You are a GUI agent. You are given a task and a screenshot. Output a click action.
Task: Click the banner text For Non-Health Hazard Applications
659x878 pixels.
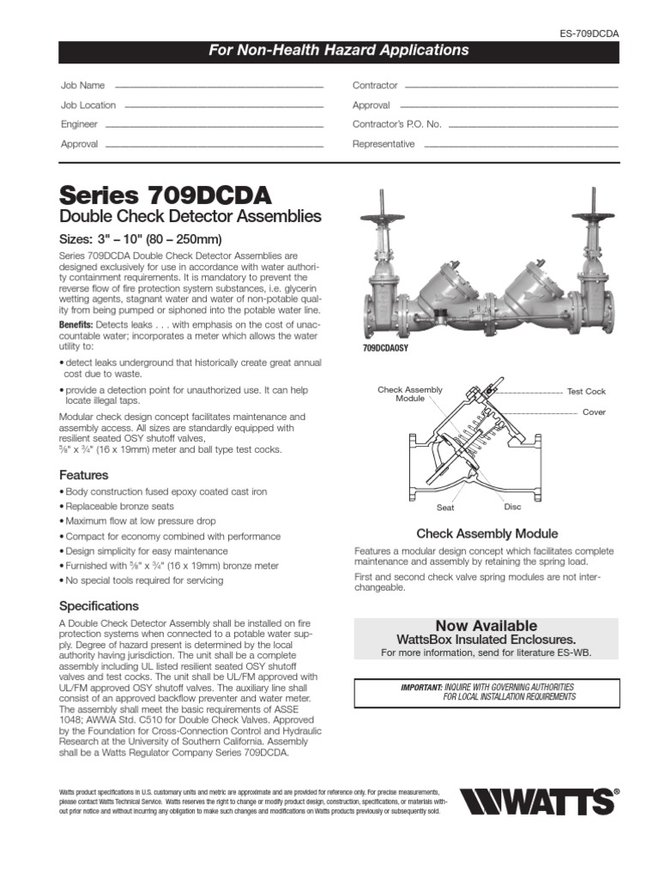pyautogui.click(x=339, y=51)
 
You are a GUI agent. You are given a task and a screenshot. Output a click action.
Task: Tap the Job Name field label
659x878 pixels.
pyautogui.click(x=82, y=86)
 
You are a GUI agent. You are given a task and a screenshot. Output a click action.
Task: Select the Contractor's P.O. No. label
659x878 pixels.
pyautogui.click(x=396, y=124)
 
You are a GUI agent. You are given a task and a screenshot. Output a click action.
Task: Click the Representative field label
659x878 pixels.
pyautogui.click(x=384, y=144)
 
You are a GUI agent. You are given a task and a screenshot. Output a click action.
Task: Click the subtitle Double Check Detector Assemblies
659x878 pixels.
pyautogui.click(x=190, y=216)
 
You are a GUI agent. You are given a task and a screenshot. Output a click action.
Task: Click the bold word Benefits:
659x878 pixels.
pyautogui.click(x=82, y=325)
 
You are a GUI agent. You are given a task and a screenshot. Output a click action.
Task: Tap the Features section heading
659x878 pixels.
pyautogui.click(x=83, y=475)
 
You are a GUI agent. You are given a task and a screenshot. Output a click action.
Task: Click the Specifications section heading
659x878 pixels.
pyautogui.click(x=98, y=605)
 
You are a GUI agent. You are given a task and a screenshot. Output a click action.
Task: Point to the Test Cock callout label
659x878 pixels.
pyautogui.click(x=586, y=391)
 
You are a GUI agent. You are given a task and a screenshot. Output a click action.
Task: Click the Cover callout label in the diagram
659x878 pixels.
pyautogui.click(x=594, y=412)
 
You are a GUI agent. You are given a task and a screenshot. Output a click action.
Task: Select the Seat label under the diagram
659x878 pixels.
pyautogui.click(x=445, y=508)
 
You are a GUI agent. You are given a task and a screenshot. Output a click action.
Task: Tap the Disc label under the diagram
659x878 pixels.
pyautogui.click(x=512, y=507)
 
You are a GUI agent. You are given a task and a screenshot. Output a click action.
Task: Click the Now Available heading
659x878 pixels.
pyautogui.click(x=486, y=625)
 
